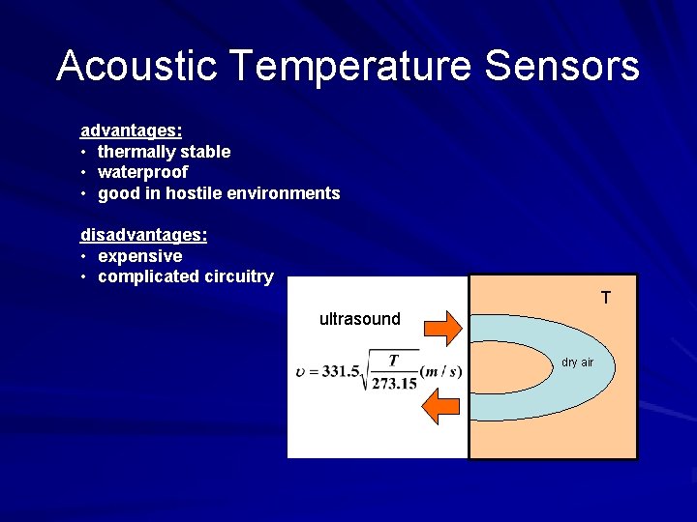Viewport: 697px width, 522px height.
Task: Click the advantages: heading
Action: [131, 130]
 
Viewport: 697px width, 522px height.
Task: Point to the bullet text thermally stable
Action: [164, 152]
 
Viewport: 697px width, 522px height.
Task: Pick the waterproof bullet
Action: [142, 172]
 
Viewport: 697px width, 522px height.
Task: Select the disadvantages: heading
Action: [143, 235]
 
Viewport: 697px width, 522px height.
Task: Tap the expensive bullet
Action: [139, 256]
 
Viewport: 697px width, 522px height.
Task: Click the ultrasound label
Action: [359, 319]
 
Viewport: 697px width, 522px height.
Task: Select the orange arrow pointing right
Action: [445, 327]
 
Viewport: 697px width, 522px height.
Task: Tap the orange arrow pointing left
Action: [444, 405]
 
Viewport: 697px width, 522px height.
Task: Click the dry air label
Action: [577, 362]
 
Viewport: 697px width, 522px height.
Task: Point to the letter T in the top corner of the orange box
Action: [605, 298]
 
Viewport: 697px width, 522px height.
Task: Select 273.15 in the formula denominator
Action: [394, 384]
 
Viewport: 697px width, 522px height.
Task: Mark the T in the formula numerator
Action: [393, 361]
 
